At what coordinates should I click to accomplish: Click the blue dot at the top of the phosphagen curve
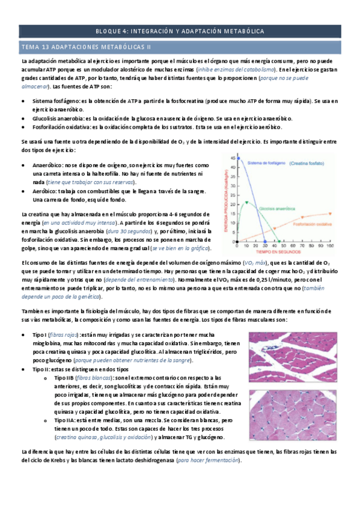point(239,158)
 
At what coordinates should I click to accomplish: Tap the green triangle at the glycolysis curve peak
point(247,202)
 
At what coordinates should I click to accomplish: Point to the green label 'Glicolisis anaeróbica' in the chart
point(278,208)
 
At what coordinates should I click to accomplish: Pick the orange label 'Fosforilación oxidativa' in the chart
point(311,224)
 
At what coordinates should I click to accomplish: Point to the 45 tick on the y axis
point(232,158)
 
